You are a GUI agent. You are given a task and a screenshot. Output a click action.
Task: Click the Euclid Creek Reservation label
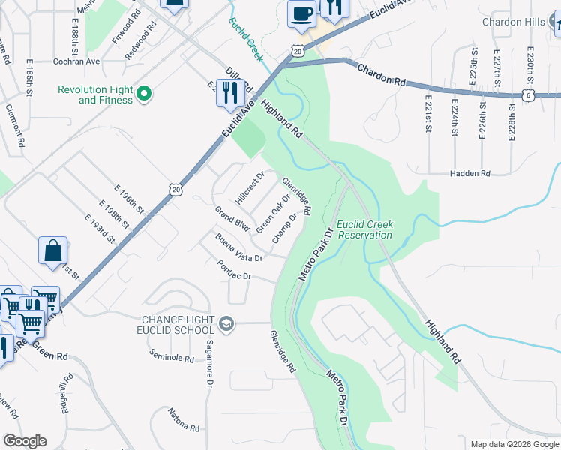(364, 229)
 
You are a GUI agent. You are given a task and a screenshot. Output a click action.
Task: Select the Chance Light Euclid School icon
(226, 324)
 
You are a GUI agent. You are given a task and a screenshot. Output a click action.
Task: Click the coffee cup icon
(301, 14)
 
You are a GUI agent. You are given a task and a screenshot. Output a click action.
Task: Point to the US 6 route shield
(528, 95)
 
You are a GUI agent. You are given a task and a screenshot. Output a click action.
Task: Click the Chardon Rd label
(381, 74)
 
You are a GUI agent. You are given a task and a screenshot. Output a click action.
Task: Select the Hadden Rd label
(469, 173)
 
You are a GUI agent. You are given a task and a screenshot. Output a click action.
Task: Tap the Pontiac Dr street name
(233, 270)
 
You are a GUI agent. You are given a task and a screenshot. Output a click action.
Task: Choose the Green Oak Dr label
(272, 214)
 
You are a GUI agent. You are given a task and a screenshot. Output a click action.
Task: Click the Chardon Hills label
(513, 22)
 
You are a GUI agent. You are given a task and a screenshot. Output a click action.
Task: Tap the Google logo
(25, 441)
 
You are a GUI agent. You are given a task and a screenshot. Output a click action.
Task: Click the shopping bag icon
(53, 252)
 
